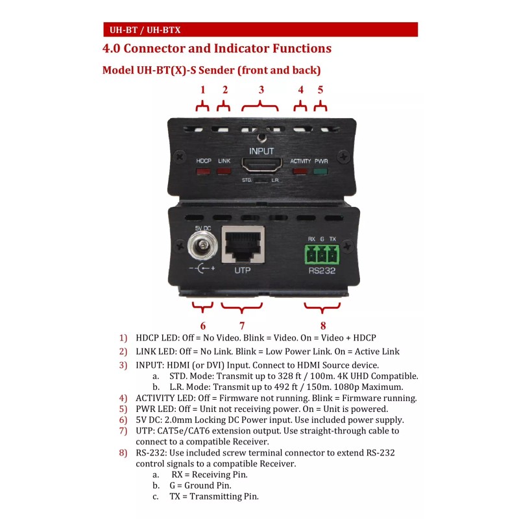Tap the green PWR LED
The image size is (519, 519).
(320, 172)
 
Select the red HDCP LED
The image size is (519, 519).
(203, 172)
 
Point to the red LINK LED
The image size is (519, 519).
(224, 172)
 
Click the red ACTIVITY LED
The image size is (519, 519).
(300, 172)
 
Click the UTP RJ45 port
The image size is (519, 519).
(243, 245)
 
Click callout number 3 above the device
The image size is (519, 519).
(261, 90)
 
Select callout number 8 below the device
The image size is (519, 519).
(322, 326)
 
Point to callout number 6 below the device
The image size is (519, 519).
(203, 326)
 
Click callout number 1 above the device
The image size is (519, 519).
(202, 90)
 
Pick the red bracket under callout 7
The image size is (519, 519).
(242, 308)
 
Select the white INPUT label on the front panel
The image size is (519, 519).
(261, 151)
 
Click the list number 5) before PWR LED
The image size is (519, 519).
(123, 409)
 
